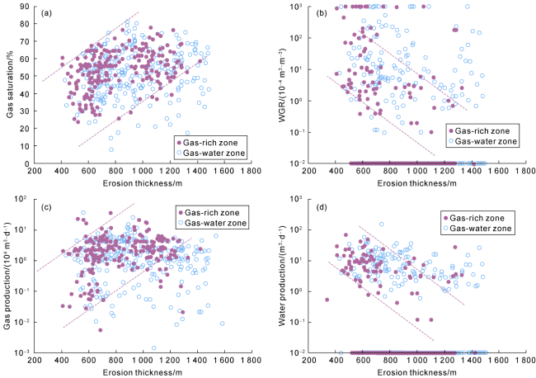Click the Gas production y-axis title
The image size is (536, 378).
click(x=9, y=274)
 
